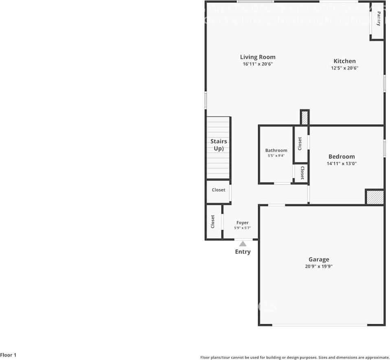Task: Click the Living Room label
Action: tap(257, 57)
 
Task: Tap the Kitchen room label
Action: tap(344, 61)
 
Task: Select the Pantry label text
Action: tap(379, 18)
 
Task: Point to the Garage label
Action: tap(319, 259)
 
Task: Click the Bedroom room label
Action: tap(342, 156)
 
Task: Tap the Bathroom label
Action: tap(276, 150)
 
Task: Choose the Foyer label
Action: tap(242, 223)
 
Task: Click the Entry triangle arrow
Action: tap(243, 244)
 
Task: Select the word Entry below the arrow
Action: tap(243, 252)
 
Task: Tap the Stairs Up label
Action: tap(219, 145)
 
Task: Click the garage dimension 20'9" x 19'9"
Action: tap(319, 266)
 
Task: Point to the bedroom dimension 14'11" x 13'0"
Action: tap(342, 163)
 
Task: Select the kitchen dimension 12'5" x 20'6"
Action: tap(344, 68)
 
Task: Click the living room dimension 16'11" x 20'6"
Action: tap(257, 64)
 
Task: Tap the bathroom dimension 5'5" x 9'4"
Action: tap(276, 156)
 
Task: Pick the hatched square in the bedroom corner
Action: tap(375, 197)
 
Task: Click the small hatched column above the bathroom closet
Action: tap(305, 118)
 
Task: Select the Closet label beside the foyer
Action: tap(213, 222)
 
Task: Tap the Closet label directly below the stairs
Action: tap(218, 190)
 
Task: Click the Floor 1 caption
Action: tap(9, 355)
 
